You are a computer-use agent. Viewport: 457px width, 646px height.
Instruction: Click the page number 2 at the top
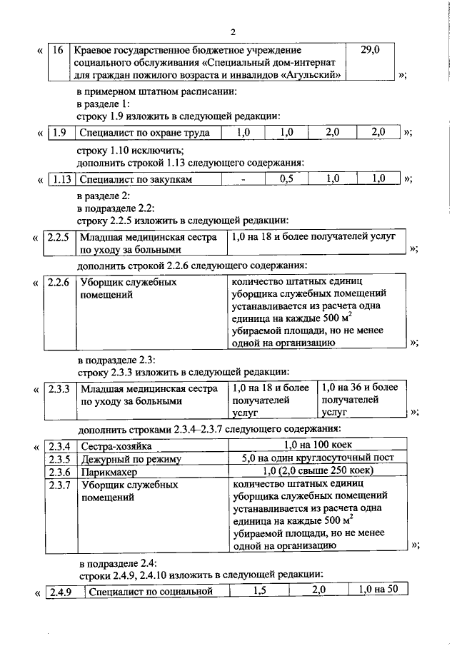pos(233,31)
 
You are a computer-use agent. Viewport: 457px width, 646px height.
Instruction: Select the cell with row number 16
pos(59,51)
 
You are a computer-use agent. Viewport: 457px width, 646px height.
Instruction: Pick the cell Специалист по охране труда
pos(144,133)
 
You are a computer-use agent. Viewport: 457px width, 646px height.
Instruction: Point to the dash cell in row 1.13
pos(243,179)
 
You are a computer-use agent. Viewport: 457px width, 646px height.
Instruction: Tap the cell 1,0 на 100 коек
pos(315,446)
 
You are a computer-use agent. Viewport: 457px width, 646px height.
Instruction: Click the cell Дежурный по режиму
pos(131,459)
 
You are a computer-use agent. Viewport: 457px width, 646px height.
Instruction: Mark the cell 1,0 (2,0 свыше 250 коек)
pos(315,472)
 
